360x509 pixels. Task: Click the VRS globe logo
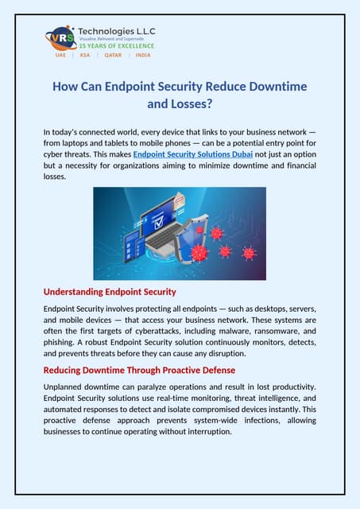tap(61, 37)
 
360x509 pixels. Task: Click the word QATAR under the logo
tap(113, 55)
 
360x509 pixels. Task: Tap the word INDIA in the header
tap(143, 55)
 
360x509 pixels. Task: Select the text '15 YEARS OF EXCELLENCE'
tap(116, 46)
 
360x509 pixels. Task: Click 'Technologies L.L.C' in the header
tap(117, 31)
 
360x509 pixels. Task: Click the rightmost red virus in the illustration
tap(249, 253)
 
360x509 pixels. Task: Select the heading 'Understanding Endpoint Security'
tap(110, 292)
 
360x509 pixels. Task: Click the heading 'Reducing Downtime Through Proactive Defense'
tap(139, 370)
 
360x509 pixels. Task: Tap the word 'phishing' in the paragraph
tap(62, 341)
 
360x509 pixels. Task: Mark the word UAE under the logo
tap(60, 55)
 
